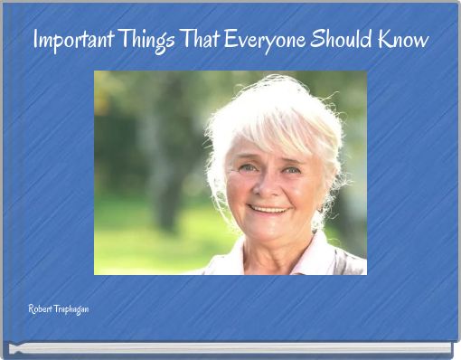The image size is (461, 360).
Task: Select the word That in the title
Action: click(202, 41)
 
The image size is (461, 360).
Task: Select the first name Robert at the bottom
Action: click(40, 309)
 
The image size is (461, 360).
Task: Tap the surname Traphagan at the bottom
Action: click(71, 310)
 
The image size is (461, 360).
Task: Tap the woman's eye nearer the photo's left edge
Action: click(246, 167)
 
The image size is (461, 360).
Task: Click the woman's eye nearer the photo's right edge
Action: click(291, 169)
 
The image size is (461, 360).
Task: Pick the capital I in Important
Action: click(36, 41)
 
